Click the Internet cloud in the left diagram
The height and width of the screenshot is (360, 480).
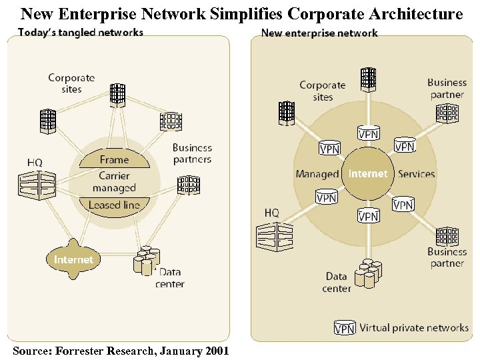click(73, 259)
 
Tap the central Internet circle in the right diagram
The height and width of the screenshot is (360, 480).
click(367, 173)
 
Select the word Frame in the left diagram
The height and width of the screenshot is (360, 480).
click(114, 159)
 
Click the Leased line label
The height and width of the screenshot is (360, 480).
click(114, 205)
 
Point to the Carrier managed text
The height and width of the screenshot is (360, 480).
click(114, 181)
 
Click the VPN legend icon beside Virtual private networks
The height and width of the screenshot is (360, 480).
click(344, 328)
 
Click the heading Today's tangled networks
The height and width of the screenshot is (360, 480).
click(80, 32)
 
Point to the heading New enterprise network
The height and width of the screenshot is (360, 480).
click(319, 33)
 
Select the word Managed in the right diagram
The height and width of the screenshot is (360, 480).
click(317, 174)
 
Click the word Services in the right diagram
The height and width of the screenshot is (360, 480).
click(416, 174)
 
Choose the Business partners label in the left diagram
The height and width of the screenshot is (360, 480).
click(192, 153)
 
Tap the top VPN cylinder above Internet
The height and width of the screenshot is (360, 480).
click(369, 133)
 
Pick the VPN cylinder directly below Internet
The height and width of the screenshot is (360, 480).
click(368, 215)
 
